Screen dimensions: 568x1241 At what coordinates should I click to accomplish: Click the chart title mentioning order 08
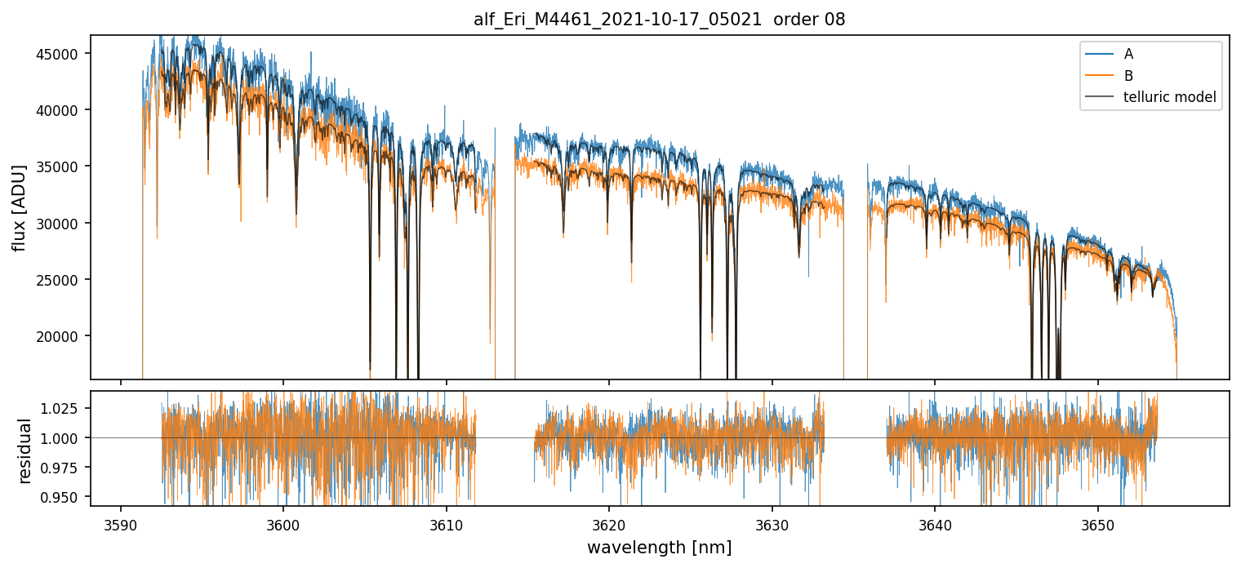point(659,20)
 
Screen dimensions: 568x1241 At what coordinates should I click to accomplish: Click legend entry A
point(1128,54)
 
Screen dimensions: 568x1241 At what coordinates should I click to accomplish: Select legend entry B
point(1128,76)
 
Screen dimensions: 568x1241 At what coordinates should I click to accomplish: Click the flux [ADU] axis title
point(19,207)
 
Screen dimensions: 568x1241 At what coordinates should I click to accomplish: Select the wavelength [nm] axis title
point(659,548)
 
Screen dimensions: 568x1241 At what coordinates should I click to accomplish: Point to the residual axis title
point(25,450)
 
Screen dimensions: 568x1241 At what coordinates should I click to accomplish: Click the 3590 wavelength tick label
point(121,522)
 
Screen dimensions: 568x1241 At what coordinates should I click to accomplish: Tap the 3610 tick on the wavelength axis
point(447,522)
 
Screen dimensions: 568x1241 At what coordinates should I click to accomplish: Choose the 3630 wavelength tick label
point(772,522)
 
